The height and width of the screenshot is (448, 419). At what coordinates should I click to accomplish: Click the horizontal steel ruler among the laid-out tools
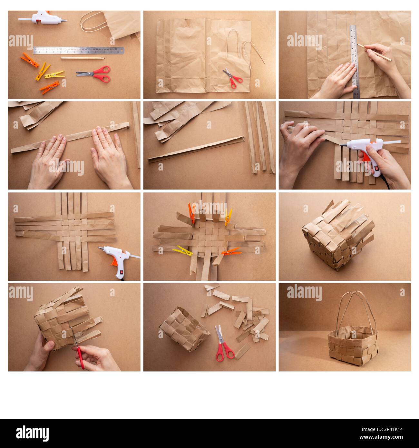pyautogui.click(x=78, y=50)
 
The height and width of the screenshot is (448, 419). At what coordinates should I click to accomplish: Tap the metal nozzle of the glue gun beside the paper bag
pyautogui.click(x=63, y=20)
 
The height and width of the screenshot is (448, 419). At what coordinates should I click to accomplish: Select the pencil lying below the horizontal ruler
pyautogui.click(x=83, y=58)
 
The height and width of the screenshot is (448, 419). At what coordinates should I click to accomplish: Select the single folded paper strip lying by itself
pyautogui.click(x=196, y=149)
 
